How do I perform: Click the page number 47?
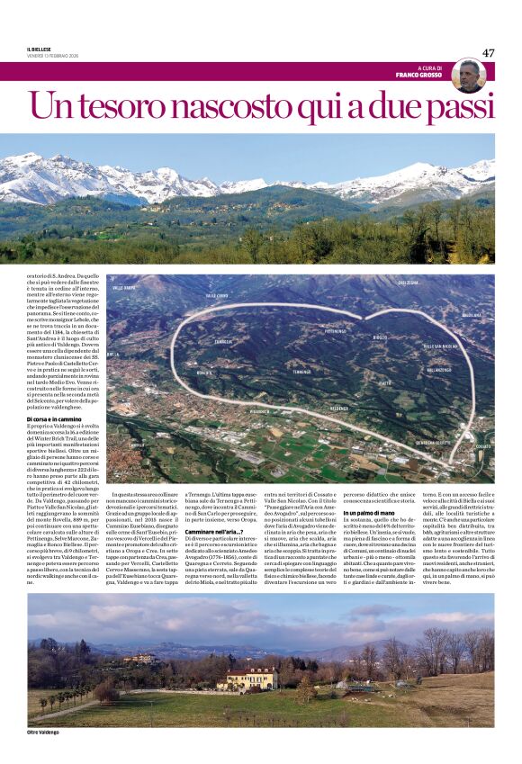click(488, 53)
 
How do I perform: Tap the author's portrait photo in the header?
click(468, 76)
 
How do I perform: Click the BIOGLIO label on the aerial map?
click(380, 337)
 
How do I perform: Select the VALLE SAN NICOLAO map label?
click(440, 346)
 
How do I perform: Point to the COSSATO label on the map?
click(482, 445)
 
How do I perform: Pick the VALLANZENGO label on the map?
click(439, 369)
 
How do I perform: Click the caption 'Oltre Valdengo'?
click(44, 732)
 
